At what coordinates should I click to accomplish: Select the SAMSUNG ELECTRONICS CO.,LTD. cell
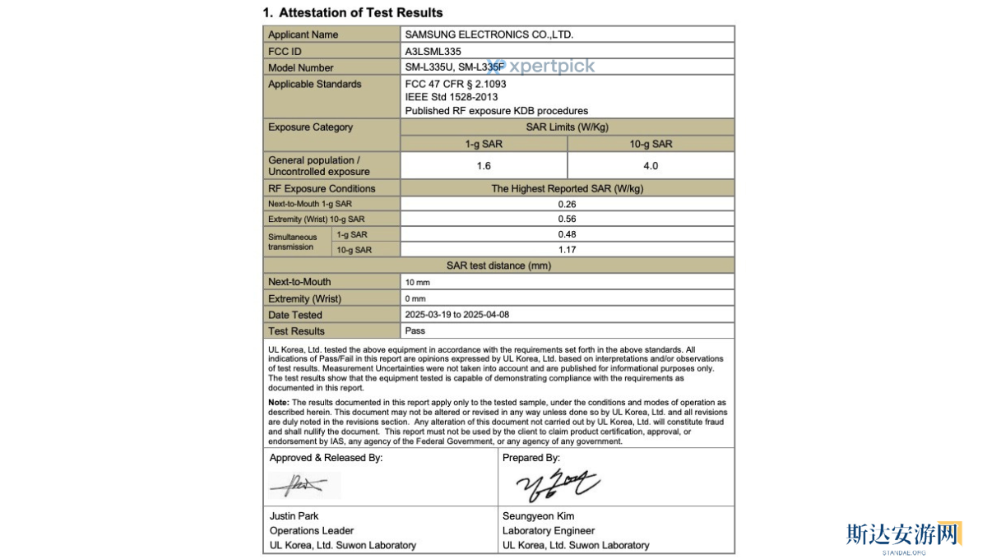pos(489,35)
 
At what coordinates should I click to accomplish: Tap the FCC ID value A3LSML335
pos(433,51)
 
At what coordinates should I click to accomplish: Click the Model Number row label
pos(301,67)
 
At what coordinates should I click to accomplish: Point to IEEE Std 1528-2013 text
pos(451,97)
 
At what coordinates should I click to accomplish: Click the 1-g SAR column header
pos(484,144)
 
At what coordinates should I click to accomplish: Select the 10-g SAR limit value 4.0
pos(651,165)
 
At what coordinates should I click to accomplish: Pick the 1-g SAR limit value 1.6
pos(484,165)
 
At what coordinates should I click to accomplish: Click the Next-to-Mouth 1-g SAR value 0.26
pos(567,204)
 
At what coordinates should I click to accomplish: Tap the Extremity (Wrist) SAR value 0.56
pos(567,219)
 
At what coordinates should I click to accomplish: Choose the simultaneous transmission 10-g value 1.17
pos(567,249)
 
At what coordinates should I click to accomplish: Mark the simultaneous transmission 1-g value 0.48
pos(567,234)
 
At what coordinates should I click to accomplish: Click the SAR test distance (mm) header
pos(498,266)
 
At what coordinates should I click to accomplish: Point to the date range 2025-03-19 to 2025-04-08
pos(463,315)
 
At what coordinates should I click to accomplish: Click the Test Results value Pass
pos(415,330)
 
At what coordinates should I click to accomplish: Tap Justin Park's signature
pos(302,485)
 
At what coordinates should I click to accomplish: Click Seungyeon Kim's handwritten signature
pos(556,485)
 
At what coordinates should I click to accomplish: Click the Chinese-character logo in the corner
pos(903,534)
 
